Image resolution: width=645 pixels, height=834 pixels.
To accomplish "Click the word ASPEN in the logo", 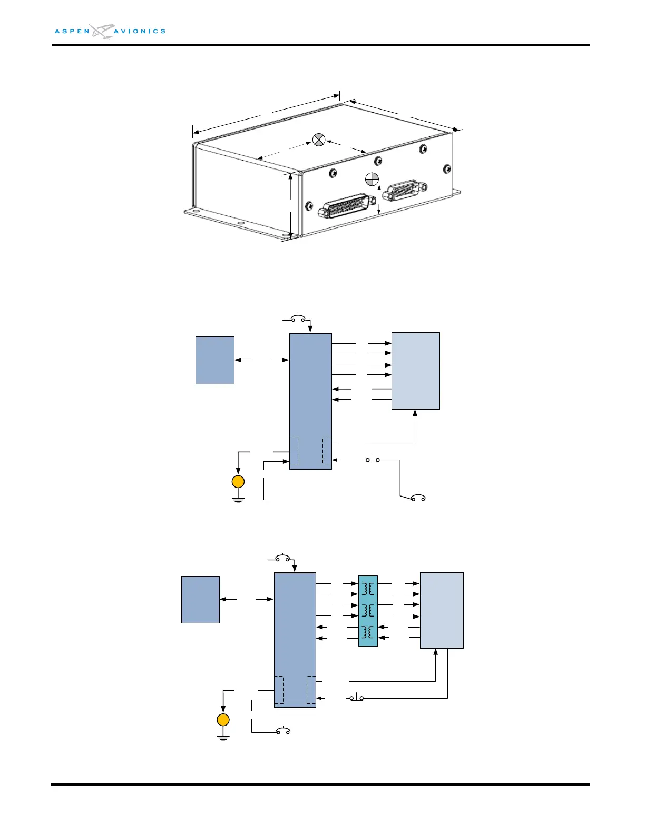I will coord(72,32).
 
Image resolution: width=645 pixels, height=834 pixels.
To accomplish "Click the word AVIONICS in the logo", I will coord(140,32).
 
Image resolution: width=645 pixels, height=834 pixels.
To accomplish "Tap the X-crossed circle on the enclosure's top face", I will coord(319,140).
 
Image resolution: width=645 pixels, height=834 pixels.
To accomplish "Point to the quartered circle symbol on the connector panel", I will coord(372,179).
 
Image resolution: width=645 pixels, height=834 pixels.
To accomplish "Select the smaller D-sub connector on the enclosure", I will coord(405,190).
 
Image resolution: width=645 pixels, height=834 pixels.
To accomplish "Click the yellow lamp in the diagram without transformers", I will coord(238,482).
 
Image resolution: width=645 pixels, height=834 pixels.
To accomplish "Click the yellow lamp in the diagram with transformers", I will coord(223,720).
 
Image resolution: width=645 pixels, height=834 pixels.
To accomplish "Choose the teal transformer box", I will coord(368,611).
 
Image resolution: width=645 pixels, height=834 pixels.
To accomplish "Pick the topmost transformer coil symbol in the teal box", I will coord(368,589).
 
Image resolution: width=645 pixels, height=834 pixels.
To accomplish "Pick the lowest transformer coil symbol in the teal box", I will coord(368,632).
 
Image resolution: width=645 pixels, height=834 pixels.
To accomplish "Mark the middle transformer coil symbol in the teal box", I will coord(368,611).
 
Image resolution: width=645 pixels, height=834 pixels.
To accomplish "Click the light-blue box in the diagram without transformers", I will coord(416,371).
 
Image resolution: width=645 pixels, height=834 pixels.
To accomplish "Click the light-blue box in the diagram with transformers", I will coord(442,610).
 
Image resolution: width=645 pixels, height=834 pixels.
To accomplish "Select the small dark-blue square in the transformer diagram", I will coord(200,600).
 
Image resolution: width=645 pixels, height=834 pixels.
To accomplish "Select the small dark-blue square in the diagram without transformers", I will coord(215,360).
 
